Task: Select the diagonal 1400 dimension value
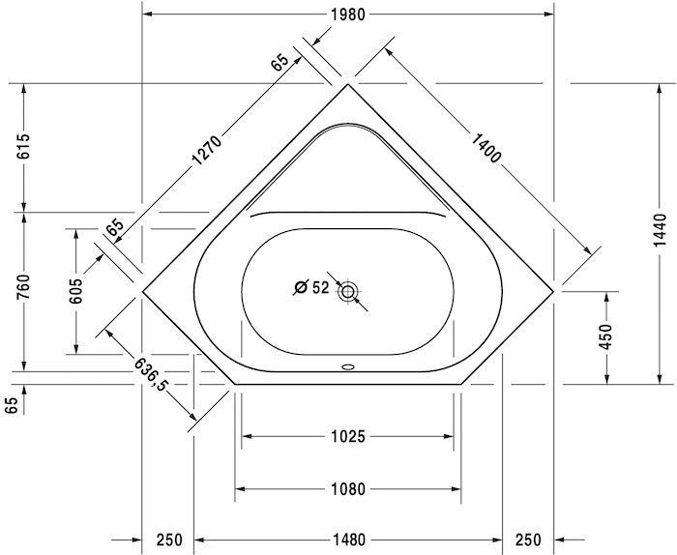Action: click(x=482, y=145)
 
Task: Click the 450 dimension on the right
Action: click(x=606, y=336)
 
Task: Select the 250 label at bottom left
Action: click(x=168, y=540)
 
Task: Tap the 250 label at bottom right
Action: click(x=527, y=540)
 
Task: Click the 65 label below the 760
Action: click(x=12, y=404)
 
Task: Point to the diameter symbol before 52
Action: click(x=301, y=287)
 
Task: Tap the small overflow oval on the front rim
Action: click(x=348, y=367)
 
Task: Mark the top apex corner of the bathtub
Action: click(x=347, y=84)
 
